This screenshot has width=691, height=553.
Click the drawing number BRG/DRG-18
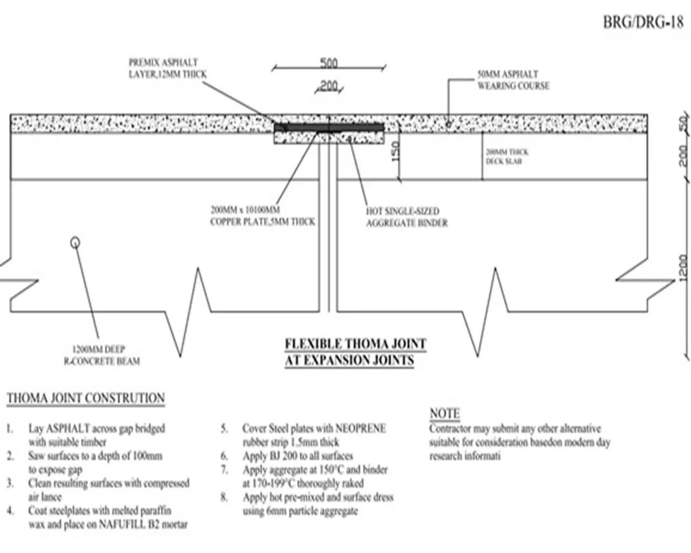coord(643,23)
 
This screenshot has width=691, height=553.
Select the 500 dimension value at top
coord(328,63)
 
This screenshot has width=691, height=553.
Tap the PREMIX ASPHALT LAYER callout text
coord(167,69)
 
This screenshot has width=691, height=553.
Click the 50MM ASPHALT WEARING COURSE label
coord(513,80)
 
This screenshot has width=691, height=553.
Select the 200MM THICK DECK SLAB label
coord(506,157)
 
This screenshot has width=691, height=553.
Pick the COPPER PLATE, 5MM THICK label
coord(262,216)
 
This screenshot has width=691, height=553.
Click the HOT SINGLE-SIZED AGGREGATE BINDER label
coord(407,217)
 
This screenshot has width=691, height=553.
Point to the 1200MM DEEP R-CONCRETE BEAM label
coord(101,355)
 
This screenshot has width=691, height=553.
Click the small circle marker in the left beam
coord(76,242)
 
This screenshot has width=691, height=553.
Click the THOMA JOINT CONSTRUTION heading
coord(86,399)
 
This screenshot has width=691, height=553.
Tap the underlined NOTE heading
coord(444,414)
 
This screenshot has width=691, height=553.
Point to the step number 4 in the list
coord(10,510)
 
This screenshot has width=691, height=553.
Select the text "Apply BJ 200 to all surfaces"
coord(297,456)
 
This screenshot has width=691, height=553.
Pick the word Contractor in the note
coord(450,429)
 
